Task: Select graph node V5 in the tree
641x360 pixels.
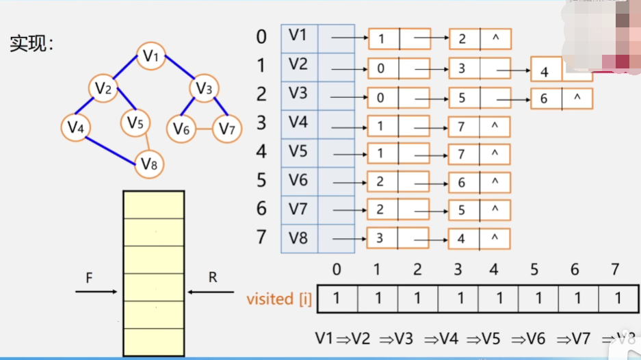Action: point(135,123)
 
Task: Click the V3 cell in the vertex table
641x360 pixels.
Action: point(299,94)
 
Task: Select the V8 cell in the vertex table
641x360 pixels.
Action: point(299,238)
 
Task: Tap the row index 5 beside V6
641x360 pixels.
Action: point(261,181)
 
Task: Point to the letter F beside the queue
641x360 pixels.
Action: point(89,279)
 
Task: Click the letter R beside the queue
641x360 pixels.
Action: point(212,278)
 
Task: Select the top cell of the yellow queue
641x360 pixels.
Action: point(153,205)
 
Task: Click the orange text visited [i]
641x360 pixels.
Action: point(278,299)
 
